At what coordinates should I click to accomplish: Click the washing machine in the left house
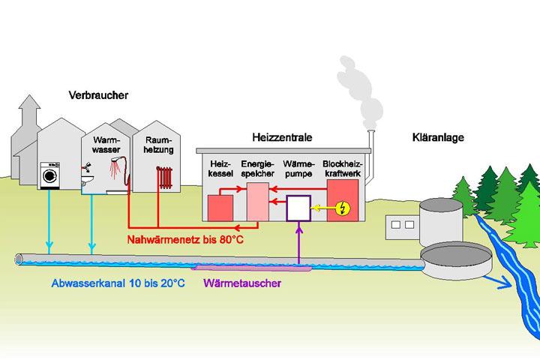pos(50,174)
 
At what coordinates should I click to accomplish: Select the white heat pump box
pos(298,208)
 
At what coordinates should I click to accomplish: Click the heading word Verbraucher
pos(98,95)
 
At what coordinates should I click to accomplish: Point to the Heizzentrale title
pos(282,138)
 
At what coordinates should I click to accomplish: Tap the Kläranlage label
pos(439,138)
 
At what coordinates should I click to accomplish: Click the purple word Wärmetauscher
pos(242,284)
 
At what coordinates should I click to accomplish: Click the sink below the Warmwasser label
pos(88,180)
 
